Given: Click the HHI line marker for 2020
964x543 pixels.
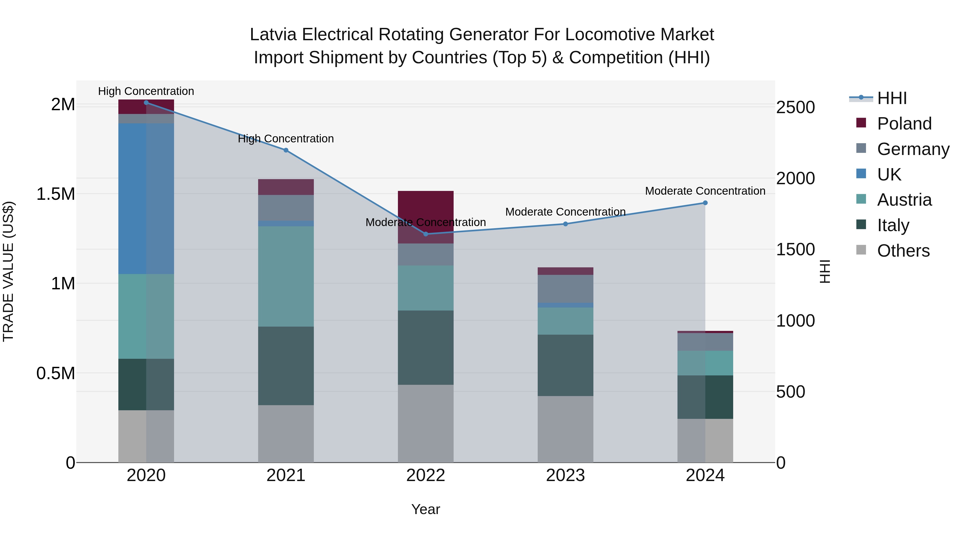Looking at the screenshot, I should (146, 102).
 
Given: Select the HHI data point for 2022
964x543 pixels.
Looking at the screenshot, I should (425, 234).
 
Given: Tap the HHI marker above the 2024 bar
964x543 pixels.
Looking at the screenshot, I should (705, 203).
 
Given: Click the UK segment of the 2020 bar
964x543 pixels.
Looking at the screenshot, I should (146, 199).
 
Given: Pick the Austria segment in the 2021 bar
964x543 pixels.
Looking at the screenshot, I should (286, 276).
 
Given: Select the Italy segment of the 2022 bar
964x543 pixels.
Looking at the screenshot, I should (425, 347).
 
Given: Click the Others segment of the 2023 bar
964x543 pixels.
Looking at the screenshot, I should (566, 429).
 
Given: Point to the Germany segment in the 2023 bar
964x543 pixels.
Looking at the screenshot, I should (566, 289).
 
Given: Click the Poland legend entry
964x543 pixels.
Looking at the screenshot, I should (904, 124).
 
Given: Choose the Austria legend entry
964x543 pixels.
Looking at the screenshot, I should (904, 200).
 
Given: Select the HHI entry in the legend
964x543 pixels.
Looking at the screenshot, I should (892, 98).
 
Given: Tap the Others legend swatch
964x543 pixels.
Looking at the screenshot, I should (861, 250).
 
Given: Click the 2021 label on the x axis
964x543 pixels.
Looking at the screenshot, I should (286, 475).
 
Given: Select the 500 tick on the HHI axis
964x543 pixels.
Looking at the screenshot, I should (790, 391).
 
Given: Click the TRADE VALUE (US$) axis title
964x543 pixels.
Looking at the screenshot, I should (8, 271).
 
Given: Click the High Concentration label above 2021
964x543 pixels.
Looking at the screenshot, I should (286, 139).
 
